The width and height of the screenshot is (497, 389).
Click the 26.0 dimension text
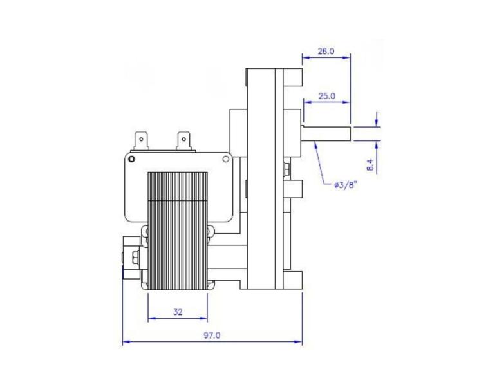pyautogui.click(x=326, y=52)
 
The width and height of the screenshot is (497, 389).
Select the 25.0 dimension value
pyautogui.click(x=326, y=96)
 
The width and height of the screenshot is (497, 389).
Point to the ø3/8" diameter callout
pyautogui.click(x=346, y=185)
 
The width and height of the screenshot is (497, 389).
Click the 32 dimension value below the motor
pyautogui.click(x=178, y=312)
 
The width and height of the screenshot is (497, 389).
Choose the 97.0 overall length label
pyautogui.click(x=213, y=336)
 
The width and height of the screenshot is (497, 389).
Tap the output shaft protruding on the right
pyautogui.click(x=327, y=133)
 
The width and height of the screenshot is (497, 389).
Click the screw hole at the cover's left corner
pyautogui.click(x=131, y=159)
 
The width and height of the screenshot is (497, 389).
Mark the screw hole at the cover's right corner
pyautogui.click(x=226, y=158)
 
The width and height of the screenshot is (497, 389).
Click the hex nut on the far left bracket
pyautogui.click(x=135, y=258)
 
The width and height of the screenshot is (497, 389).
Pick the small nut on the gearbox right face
pyautogui.click(x=285, y=170)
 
